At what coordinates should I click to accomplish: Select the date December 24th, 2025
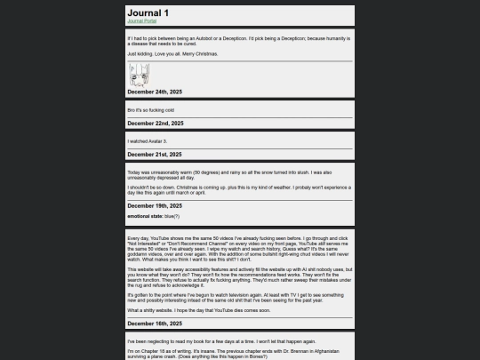156,92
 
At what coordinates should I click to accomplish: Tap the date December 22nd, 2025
156,123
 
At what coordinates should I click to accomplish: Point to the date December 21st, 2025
156,154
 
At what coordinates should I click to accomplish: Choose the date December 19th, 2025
156,205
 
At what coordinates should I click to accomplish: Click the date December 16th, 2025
156,324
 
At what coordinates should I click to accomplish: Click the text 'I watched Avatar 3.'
148,140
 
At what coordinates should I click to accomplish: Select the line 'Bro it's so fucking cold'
152,109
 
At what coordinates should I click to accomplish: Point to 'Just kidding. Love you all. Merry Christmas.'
174,54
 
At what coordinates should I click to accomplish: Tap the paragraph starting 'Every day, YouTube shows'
240,248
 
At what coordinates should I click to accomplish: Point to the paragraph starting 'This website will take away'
240,276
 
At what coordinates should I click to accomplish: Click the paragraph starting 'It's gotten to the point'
240,296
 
